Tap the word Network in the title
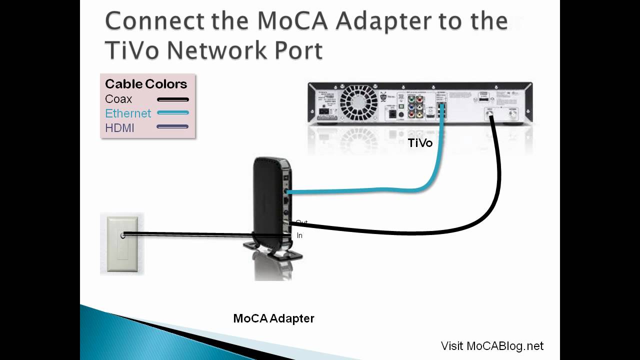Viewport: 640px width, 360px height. coord(216,50)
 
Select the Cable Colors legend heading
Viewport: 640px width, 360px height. coord(146,84)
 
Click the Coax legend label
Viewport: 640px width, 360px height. coord(118,99)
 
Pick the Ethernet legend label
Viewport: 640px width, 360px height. coord(128,113)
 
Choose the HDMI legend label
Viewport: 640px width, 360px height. coord(120,128)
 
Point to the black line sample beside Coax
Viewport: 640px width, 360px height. coord(172,99)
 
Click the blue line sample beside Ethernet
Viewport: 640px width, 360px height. coord(172,113)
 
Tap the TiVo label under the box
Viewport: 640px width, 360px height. coord(420,143)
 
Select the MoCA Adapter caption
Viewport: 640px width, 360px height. coord(274,318)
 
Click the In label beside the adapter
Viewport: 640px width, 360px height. coord(299,235)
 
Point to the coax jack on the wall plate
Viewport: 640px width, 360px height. coord(123,234)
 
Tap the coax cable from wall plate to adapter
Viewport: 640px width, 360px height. coord(200,234)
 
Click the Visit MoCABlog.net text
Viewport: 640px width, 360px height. coord(492,346)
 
